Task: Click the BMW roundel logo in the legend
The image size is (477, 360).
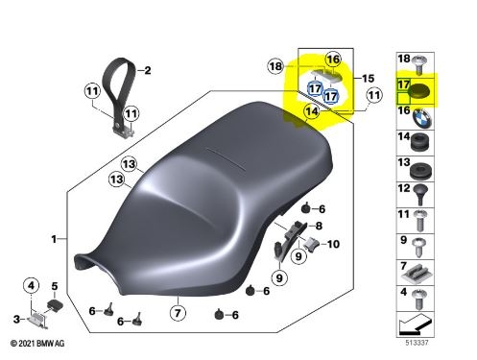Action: point(422,118)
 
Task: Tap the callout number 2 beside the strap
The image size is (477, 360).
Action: point(148,70)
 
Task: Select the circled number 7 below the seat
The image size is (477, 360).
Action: point(178,313)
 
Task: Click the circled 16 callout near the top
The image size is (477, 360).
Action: point(333,60)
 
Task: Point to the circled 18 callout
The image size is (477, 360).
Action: point(275,66)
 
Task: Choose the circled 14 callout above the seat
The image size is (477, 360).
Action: point(312,111)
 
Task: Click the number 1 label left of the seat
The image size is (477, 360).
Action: point(54,239)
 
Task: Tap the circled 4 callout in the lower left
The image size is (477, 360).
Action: point(31,285)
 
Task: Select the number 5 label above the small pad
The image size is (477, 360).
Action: point(55,286)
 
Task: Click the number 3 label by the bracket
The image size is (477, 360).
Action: point(16,319)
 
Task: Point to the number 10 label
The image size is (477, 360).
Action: point(333,244)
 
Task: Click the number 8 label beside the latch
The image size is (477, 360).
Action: point(319,226)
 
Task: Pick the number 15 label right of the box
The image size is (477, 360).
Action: point(368,79)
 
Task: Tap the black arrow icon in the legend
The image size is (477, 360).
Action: point(416,324)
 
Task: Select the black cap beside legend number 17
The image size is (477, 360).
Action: point(419,91)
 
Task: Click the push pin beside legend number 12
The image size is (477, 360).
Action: point(420,194)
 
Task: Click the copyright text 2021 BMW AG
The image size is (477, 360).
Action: point(37,344)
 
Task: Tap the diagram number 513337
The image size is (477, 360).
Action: point(417,343)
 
